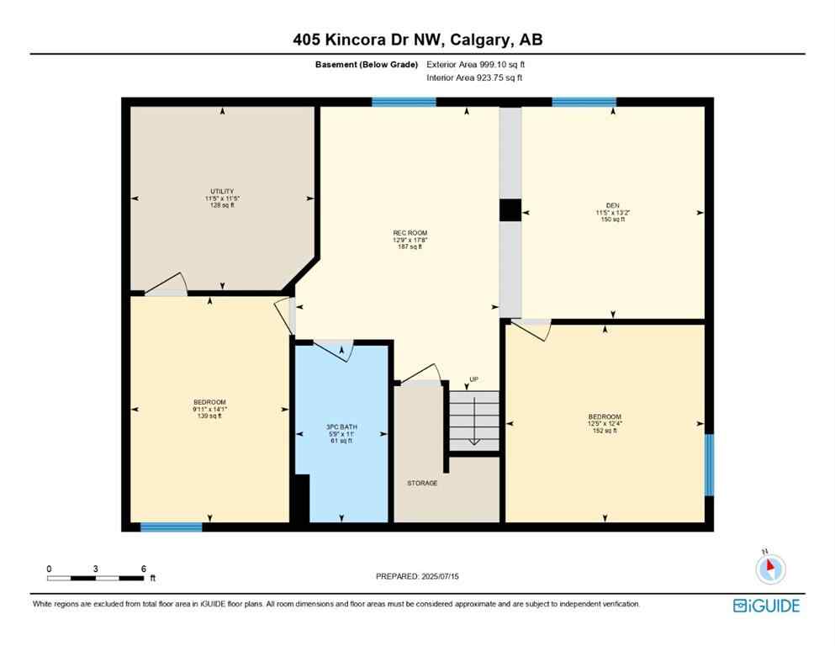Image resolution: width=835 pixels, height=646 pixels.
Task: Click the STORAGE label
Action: click(421, 483)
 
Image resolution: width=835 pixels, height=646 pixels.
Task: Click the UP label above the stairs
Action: click(473, 379)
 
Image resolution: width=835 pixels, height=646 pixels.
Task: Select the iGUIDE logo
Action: click(766, 606)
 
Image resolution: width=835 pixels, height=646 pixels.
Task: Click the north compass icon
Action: click(769, 569)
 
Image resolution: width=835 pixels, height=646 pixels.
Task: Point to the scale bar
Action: click(95, 578)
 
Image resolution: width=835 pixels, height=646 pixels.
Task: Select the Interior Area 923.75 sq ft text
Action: click(474, 78)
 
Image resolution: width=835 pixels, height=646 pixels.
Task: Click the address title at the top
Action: click(417, 40)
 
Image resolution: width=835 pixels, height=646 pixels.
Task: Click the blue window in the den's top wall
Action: click(584, 103)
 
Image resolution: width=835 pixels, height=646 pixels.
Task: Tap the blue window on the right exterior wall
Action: click(709, 464)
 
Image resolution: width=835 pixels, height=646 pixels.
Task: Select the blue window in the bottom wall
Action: click(171, 527)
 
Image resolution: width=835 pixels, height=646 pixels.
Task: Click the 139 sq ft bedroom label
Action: click(209, 409)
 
